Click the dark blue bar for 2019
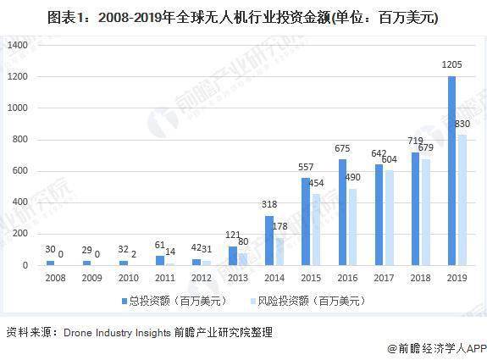(x=451, y=171)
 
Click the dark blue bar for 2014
(x=269, y=241)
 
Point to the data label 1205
(x=452, y=64)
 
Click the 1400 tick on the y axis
(x=18, y=45)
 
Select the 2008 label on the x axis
(x=54, y=277)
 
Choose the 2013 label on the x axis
(x=237, y=277)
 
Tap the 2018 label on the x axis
(x=420, y=277)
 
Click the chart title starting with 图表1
(x=243, y=16)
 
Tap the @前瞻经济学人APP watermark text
(x=435, y=347)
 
